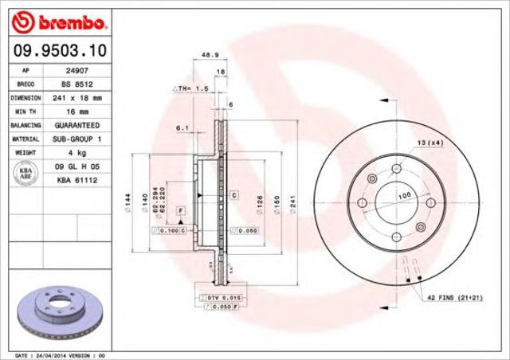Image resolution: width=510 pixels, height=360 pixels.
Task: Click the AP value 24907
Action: (x=76, y=70)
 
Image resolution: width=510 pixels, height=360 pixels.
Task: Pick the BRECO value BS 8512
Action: (x=76, y=84)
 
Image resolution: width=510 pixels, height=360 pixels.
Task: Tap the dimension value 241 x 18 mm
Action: (x=76, y=98)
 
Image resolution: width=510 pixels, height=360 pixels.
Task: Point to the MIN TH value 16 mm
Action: (x=76, y=112)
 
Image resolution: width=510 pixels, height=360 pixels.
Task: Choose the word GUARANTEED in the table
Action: (x=76, y=126)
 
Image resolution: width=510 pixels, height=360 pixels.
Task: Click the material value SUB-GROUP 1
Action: (x=76, y=139)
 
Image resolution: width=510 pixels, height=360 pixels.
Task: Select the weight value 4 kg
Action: (x=76, y=153)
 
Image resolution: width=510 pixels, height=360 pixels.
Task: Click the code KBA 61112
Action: (x=76, y=181)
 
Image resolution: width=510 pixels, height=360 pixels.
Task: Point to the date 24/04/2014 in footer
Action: (x=47, y=354)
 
